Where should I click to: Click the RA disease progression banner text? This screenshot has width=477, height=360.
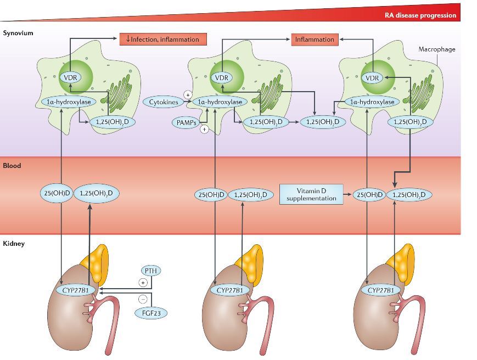pos(420,15)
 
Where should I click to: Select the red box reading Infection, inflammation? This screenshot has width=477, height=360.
pos(163,39)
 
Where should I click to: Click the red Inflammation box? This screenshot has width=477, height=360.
pos(315,39)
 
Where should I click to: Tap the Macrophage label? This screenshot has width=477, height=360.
pos(437,49)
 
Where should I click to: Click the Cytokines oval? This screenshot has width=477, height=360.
pos(163,102)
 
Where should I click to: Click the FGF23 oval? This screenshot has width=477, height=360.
pos(151,313)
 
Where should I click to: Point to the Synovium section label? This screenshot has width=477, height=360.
pos(18,33)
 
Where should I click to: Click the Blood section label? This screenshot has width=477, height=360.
pos(12,165)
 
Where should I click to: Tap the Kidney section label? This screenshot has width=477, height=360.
pos(14,243)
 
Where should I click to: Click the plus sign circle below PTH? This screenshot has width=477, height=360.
pos(143,283)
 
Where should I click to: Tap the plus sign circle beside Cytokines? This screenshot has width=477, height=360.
pos(188,94)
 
